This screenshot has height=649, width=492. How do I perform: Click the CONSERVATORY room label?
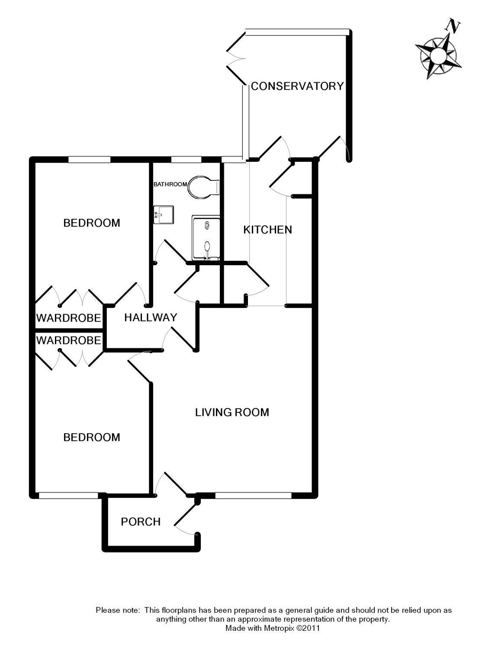pos(297,86)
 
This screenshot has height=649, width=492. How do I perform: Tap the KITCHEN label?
pos(267,230)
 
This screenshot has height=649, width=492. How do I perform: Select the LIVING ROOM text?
pos(232,412)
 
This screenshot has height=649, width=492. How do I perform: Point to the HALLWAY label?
pos(151,318)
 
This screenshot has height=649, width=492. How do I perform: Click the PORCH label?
pos(141,522)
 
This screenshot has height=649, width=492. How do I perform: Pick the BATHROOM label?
pos(170,184)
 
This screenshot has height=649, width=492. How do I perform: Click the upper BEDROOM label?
pos(92,223)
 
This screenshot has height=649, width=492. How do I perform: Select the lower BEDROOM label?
pos(92,437)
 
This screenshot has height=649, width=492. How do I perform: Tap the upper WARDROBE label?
pos(68,318)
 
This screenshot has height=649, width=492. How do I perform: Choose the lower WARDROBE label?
pos(68,341)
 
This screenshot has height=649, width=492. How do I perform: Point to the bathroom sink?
pos(164,214)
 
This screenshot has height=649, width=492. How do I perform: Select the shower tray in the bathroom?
pos(206,239)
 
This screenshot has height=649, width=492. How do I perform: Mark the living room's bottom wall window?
pos(253,495)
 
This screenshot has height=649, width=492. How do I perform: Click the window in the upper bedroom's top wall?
pos(89,160)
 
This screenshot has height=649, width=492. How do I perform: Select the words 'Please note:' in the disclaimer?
pos(118,610)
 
